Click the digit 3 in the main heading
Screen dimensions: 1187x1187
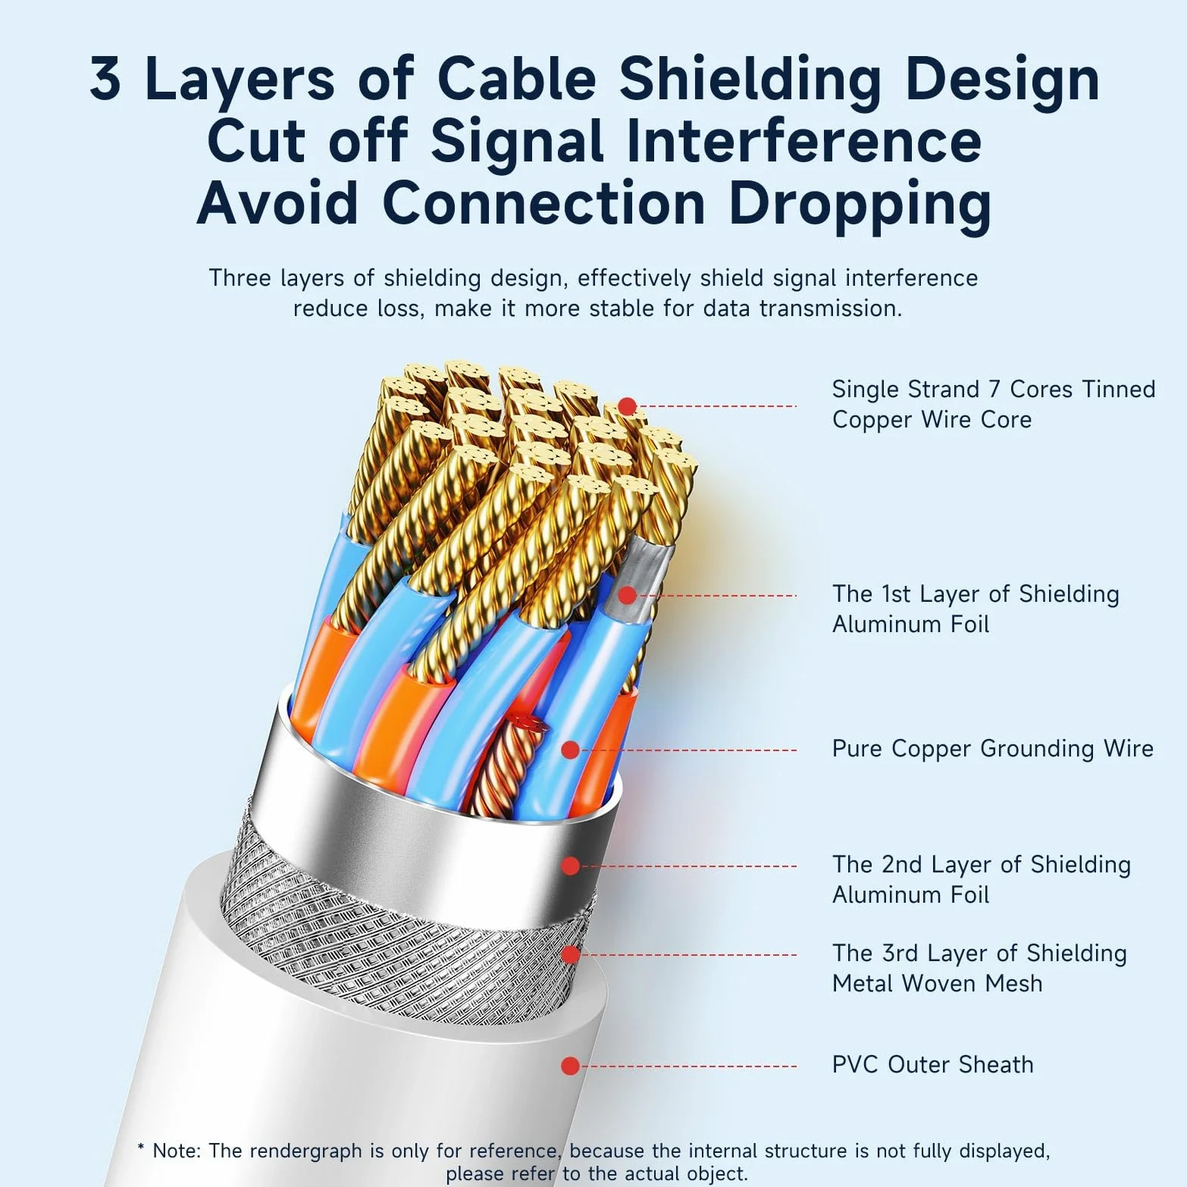click(105, 78)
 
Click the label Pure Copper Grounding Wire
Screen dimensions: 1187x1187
click(992, 749)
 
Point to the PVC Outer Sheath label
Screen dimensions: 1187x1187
click(932, 1065)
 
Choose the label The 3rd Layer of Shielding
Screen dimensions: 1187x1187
click(979, 954)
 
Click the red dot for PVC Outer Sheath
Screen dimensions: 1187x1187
click(570, 1066)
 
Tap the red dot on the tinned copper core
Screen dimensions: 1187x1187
click(627, 406)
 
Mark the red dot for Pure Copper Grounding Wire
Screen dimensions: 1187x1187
click(570, 750)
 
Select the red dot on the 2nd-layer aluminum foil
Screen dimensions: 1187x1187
click(570, 866)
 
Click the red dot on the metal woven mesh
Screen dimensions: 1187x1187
click(570, 954)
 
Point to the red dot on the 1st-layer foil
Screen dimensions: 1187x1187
click(627, 596)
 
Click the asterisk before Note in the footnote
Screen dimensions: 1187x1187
click(141, 1148)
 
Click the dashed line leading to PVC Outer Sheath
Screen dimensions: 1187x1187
click(688, 1066)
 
